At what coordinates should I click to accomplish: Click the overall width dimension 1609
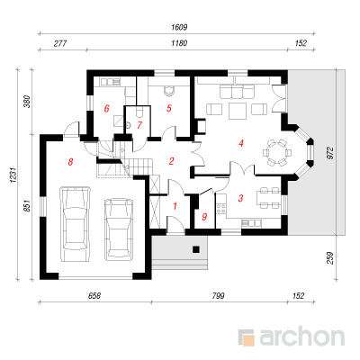point(179,27)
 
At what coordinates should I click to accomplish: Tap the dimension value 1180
point(179,43)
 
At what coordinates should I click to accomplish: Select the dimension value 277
point(60,43)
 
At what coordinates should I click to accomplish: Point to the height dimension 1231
point(13,175)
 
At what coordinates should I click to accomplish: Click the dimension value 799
point(218,296)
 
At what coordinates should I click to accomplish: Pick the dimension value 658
point(94,296)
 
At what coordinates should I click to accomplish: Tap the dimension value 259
point(329,258)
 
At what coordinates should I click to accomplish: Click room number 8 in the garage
point(70,162)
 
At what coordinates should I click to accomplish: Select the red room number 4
point(240,143)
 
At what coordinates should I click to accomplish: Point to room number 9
point(204,217)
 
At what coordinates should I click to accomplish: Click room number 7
point(139,125)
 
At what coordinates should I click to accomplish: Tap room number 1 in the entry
point(175,206)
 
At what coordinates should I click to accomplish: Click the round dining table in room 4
point(277,153)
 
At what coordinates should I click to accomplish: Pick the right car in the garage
point(119,229)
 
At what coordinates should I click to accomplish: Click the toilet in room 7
point(139,112)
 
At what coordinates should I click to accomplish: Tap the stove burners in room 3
point(221,208)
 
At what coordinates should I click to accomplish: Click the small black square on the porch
point(196,249)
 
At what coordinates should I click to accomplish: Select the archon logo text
point(301,337)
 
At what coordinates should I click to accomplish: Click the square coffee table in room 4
point(238,111)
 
